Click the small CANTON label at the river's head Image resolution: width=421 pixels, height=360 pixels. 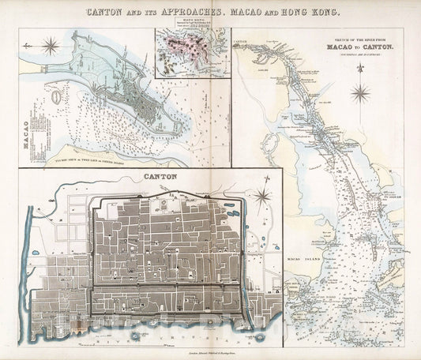tap(241, 37)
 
